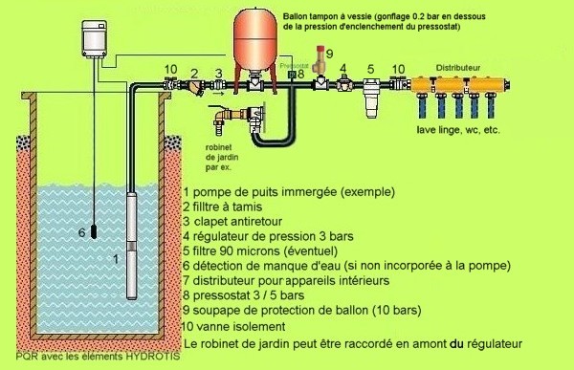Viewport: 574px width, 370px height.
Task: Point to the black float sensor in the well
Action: click(96, 232)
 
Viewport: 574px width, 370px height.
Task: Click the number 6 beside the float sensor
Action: click(80, 232)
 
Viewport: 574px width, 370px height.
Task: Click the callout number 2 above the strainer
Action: click(195, 72)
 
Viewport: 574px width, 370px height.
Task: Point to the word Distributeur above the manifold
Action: click(457, 69)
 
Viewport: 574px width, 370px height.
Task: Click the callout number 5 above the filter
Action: click(369, 70)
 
